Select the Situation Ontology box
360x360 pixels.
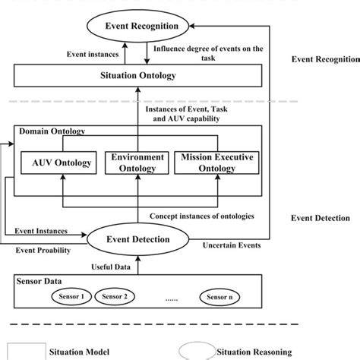(x=138, y=77)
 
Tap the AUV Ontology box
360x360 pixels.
(x=63, y=162)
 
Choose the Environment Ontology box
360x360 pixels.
(x=137, y=162)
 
